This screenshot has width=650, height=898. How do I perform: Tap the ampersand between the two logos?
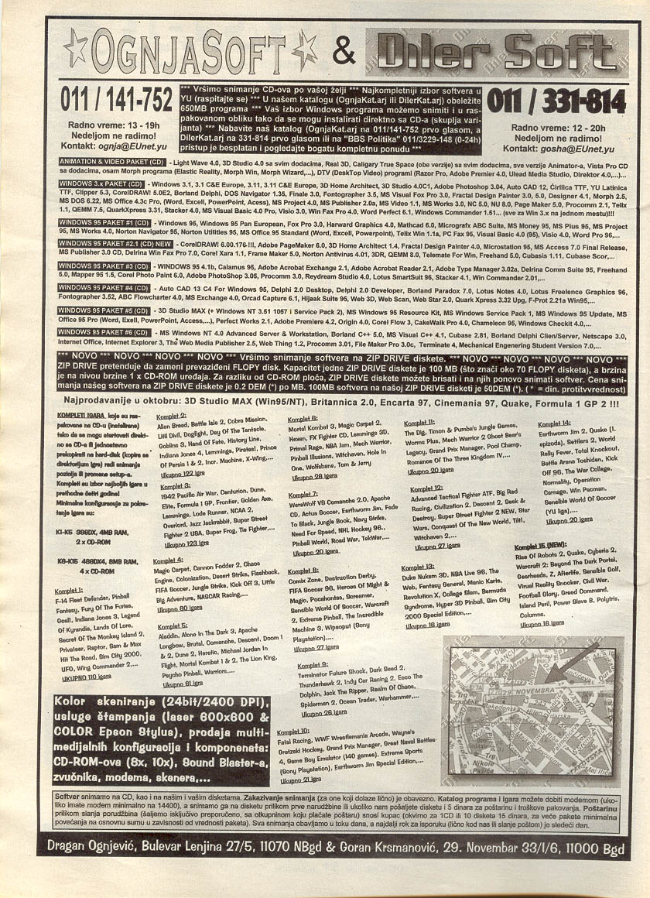(343, 51)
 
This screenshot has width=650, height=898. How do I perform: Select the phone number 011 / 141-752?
(116, 101)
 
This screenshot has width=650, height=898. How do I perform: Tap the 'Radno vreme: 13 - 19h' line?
(116, 124)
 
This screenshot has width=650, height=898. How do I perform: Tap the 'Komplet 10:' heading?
(294, 729)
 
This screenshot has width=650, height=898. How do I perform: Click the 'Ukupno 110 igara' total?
(87, 677)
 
